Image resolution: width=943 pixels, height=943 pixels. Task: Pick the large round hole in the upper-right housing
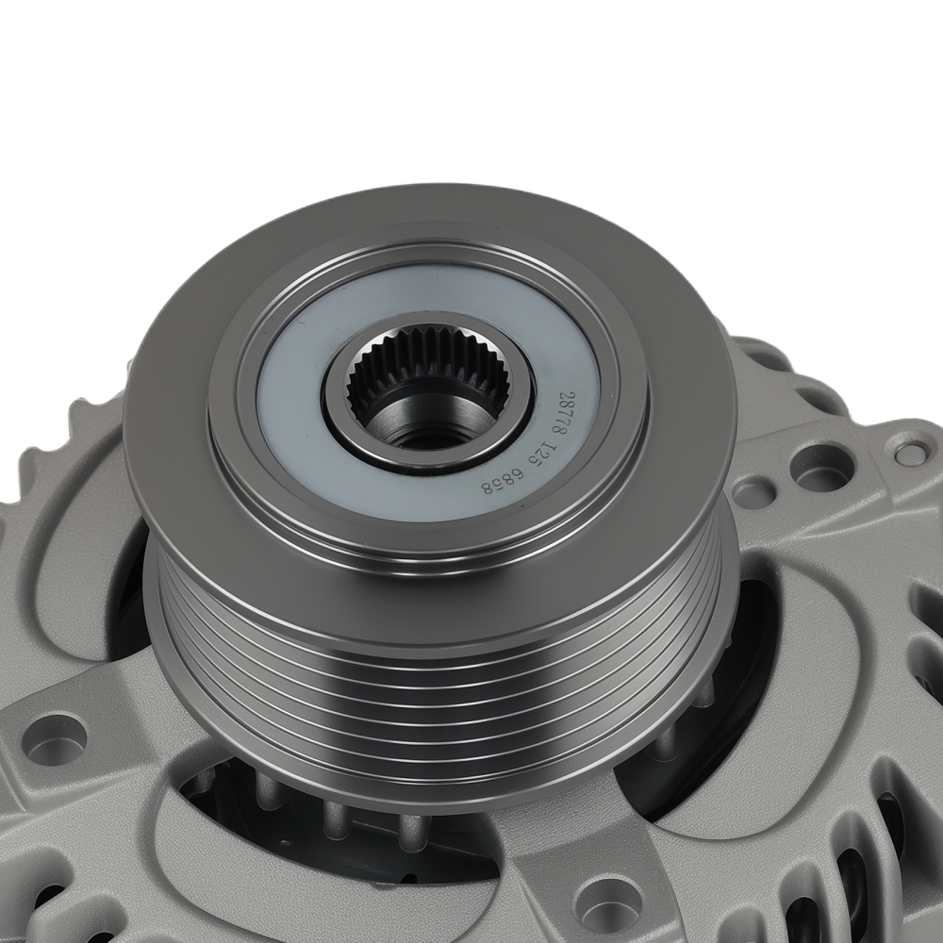tap(820, 464)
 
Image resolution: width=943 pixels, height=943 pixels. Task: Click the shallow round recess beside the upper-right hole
tap(754, 488)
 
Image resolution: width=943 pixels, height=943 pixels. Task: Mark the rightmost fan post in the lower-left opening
tap(410, 830)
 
